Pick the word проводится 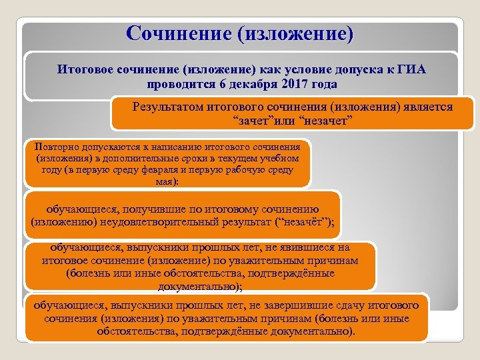[178, 85]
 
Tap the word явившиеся [305, 248]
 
